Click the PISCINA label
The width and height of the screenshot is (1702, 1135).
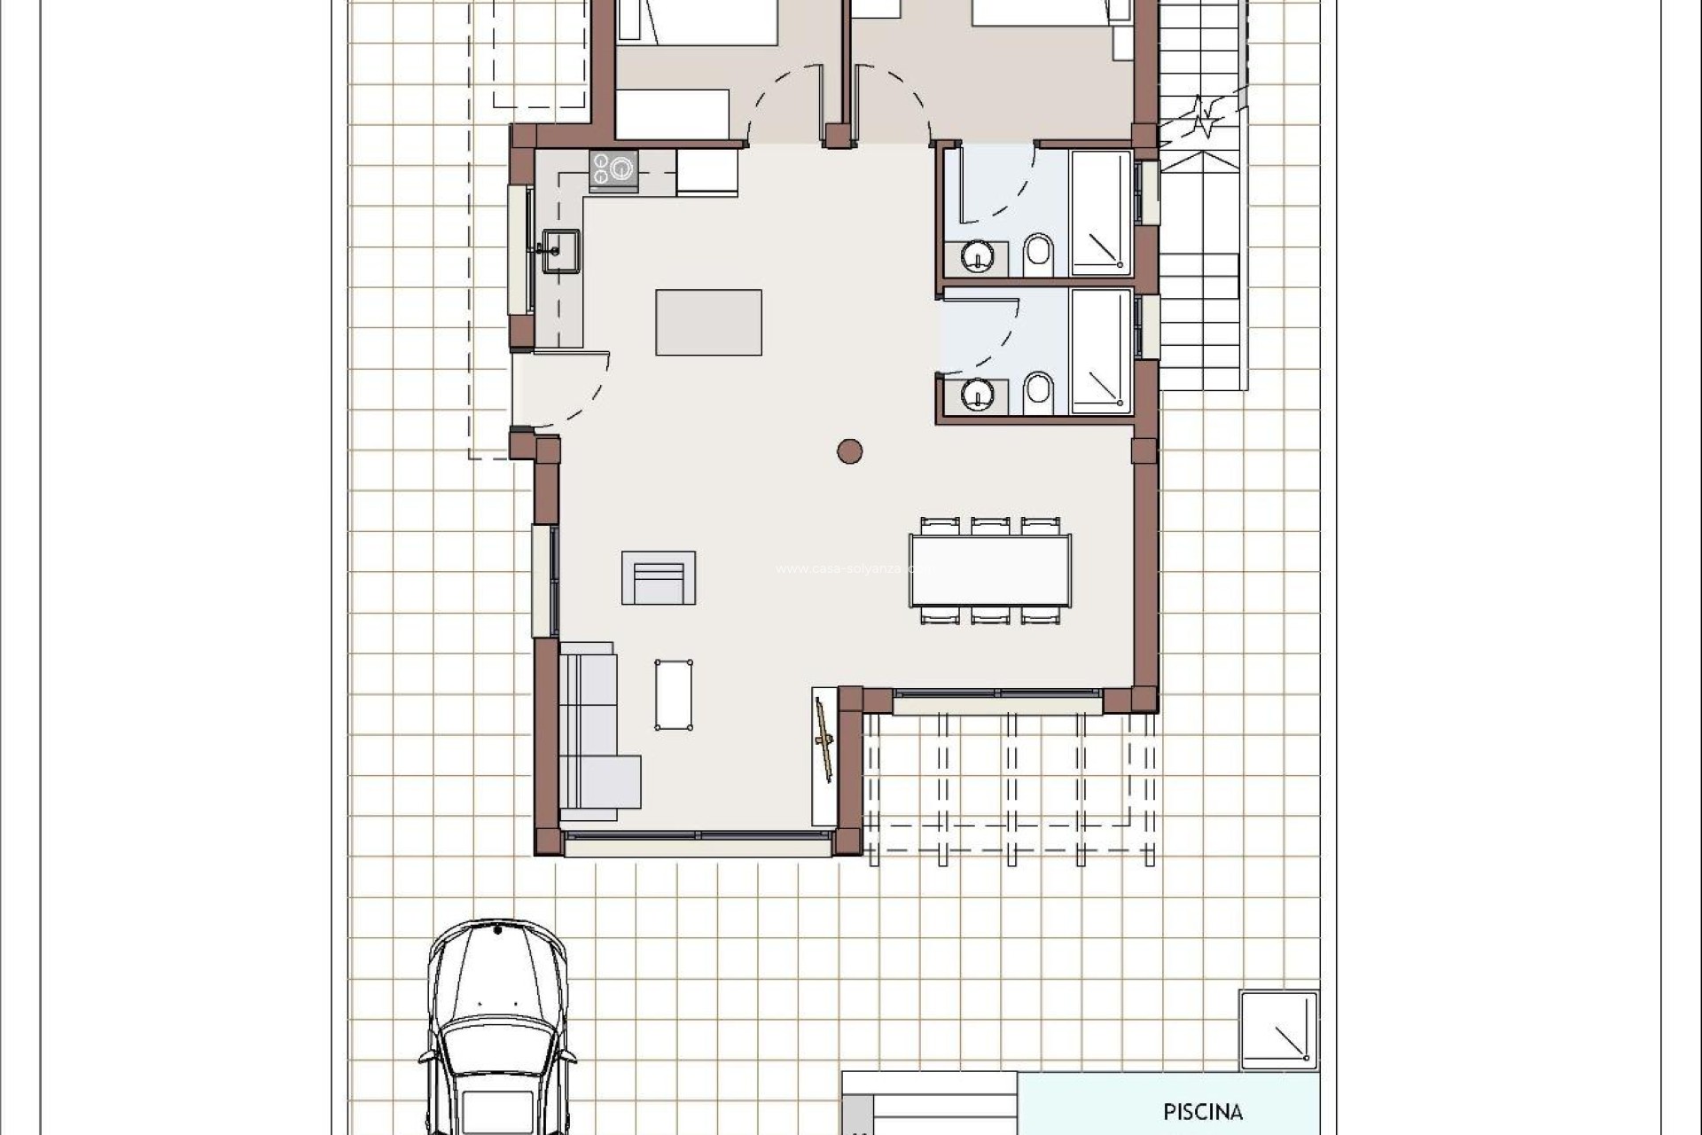pos(1202,1111)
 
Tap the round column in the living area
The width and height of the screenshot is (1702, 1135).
pos(849,451)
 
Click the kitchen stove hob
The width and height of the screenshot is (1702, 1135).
pos(613,168)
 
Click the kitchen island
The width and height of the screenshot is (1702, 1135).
pos(708,322)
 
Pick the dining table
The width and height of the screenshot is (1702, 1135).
pos(989,570)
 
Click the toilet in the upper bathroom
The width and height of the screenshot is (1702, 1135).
pos(1038,254)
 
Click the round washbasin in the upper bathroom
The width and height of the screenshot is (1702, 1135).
pos(977,258)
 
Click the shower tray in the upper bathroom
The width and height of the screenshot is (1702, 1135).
pos(1101,213)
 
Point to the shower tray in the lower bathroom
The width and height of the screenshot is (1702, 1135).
pos(1101,352)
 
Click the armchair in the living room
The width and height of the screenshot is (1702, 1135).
pos(658,578)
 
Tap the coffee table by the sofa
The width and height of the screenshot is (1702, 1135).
pos(674,694)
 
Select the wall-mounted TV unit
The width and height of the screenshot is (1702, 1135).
pos(824,755)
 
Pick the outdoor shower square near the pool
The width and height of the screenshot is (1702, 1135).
pos(1277,1029)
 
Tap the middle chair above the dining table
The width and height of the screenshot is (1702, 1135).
pos(989,526)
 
